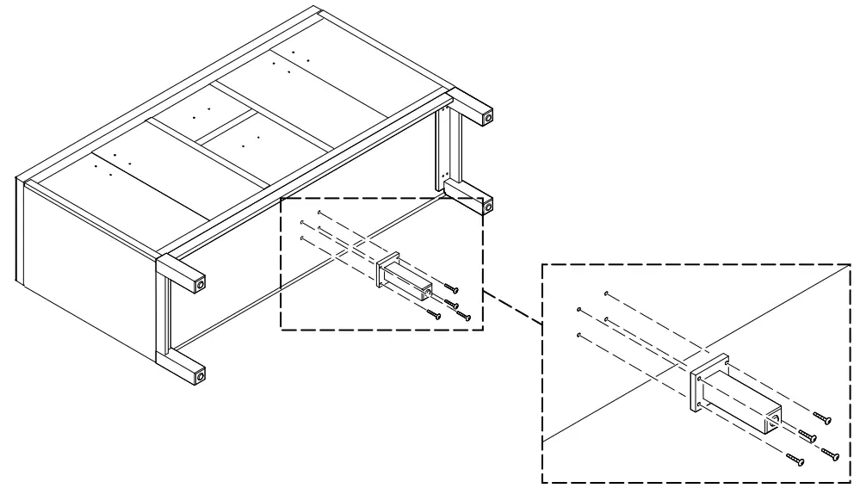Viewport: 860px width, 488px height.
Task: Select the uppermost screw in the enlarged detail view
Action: tap(825, 419)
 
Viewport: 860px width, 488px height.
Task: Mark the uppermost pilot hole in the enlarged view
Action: tap(607, 293)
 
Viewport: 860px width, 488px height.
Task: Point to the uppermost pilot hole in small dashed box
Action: tap(319, 212)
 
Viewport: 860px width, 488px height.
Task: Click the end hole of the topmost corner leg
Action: tap(488, 114)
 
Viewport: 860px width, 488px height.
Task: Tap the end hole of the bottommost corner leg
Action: tap(201, 375)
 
